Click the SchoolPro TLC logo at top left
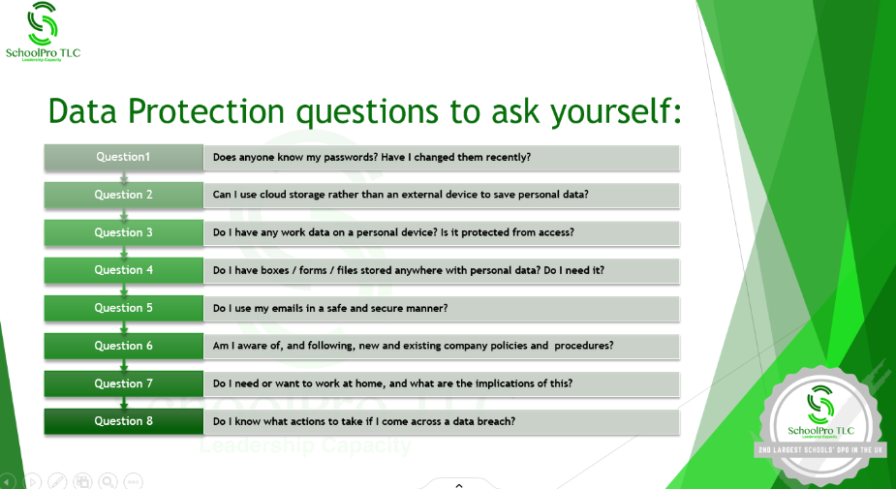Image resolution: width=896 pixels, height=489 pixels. click(x=43, y=31)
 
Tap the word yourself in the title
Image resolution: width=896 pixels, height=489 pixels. click(x=616, y=112)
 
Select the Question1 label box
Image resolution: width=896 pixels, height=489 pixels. click(x=123, y=157)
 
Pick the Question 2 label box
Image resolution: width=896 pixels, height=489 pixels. click(x=123, y=195)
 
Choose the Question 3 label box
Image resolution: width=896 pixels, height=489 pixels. click(x=123, y=232)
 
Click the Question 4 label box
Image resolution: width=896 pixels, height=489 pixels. click(x=123, y=270)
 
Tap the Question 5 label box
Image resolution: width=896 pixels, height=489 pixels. click(x=123, y=308)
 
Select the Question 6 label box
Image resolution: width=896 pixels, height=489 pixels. click(x=123, y=346)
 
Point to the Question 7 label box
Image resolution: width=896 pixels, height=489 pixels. click(x=123, y=383)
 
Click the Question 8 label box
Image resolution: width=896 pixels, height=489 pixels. click(x=123, y=421)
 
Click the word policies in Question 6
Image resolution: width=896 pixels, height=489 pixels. click(x=510, y=346)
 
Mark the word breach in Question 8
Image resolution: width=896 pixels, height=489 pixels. click(x=498, y=421)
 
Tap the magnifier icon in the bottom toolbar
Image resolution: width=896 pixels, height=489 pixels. click(x=108, y=481)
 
